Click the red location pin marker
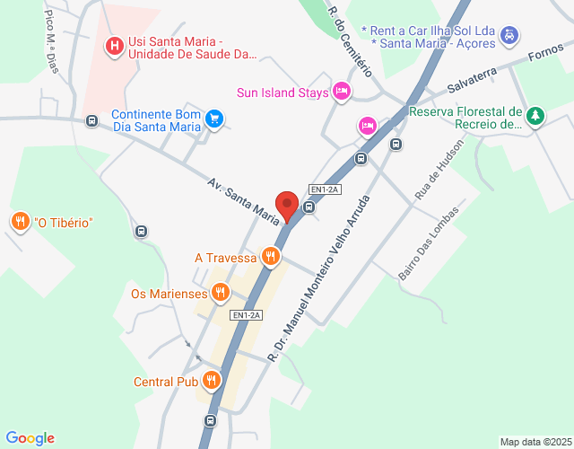click(287, 206)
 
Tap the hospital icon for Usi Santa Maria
click(115, 45)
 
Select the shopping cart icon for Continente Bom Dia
click(213, 119)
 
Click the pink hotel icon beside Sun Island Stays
click(341, 91)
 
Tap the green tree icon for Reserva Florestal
click(535, 116)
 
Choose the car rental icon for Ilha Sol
click(509, 35)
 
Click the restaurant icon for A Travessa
click(270, 258)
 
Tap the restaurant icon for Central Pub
click(212, 381)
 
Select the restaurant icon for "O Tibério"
click(20, 222)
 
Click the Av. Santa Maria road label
click(243, 199)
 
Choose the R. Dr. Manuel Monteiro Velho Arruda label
click(319, 278)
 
